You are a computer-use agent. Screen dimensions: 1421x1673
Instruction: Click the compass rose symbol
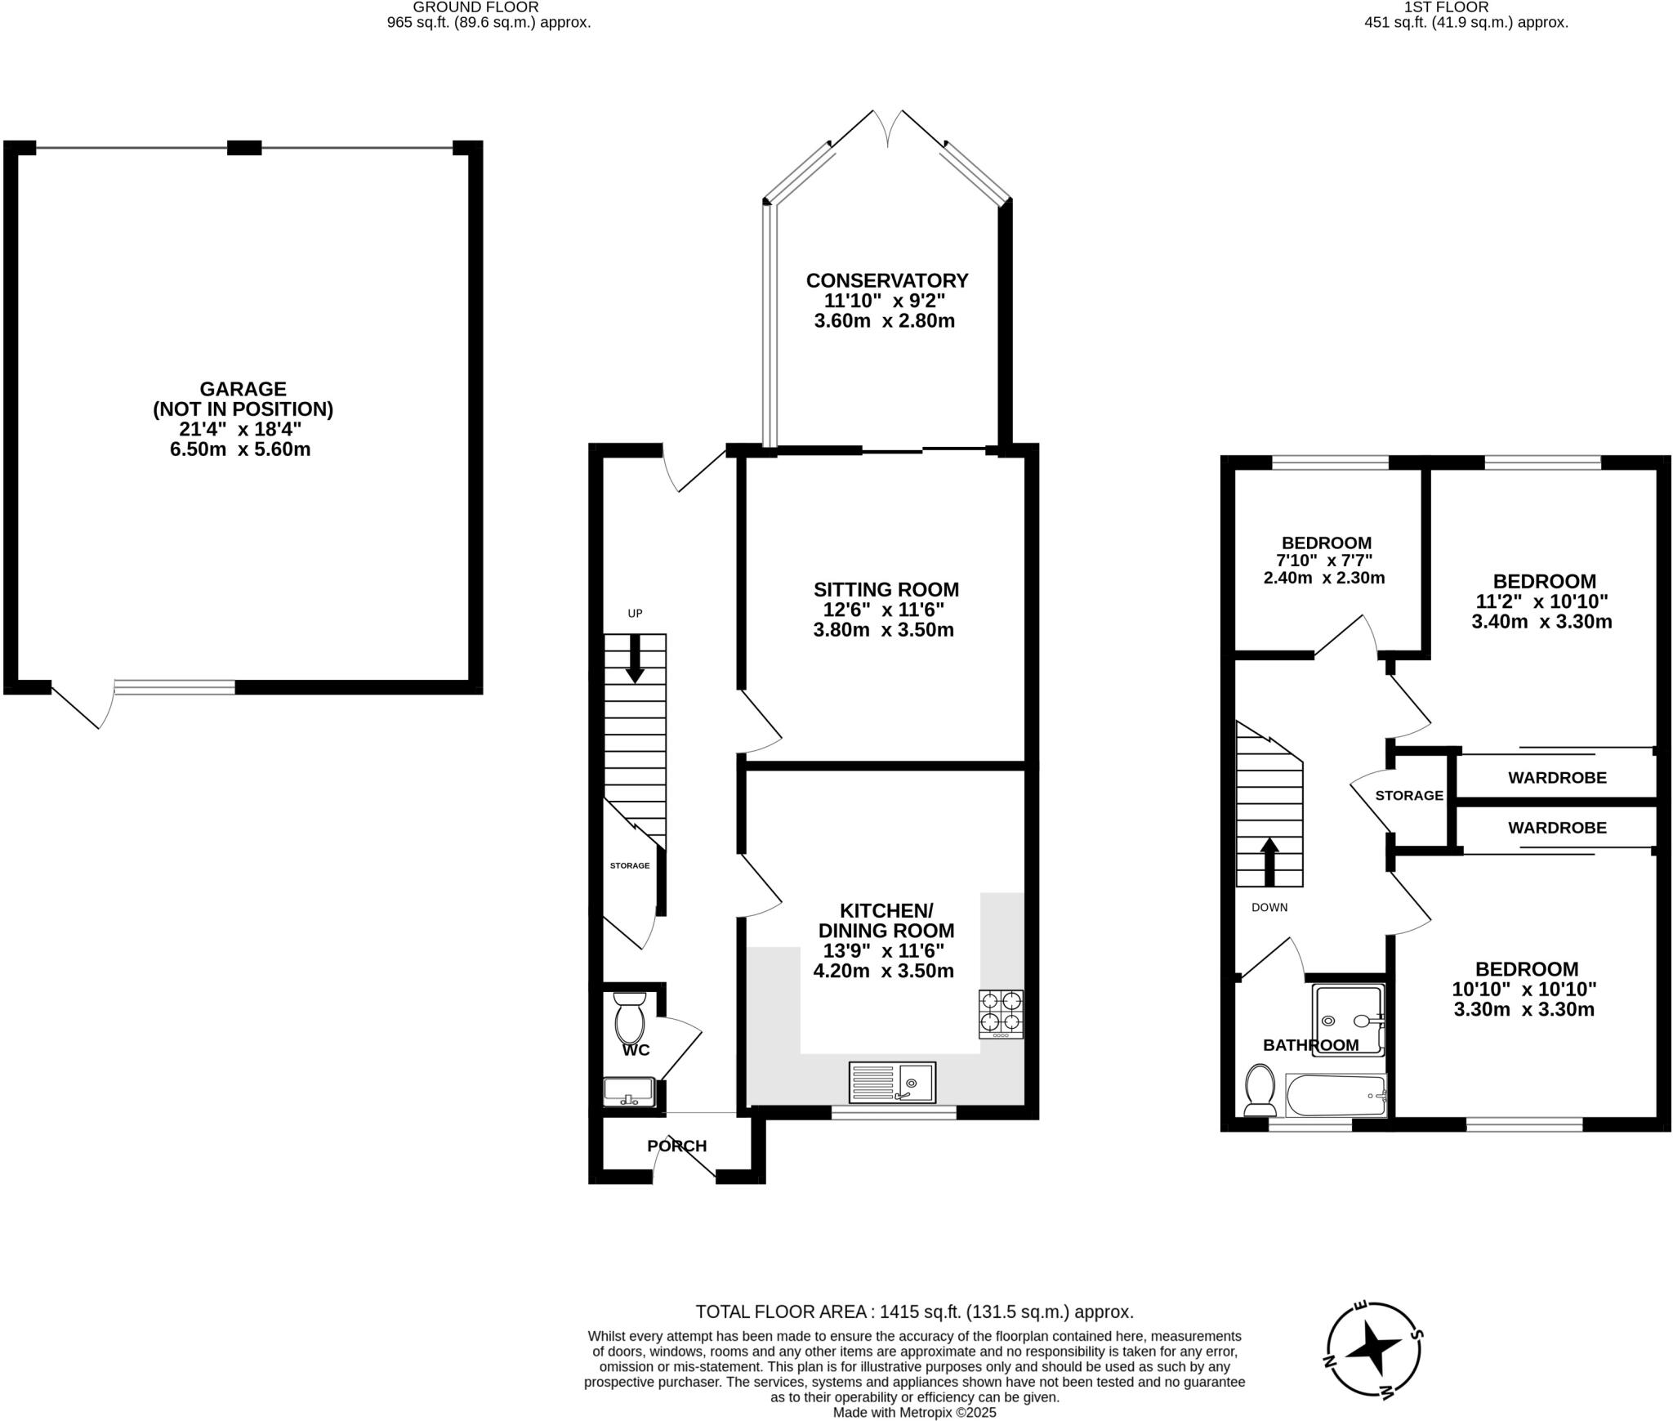1373,1361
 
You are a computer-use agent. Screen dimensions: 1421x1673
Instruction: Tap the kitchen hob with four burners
1001,1014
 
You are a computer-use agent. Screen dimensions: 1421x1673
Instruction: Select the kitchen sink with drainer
892,1083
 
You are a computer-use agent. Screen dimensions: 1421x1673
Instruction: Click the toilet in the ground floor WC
629,1017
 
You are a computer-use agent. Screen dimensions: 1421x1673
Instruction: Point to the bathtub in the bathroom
1336,1096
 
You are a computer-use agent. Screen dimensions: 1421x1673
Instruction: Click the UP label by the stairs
635,614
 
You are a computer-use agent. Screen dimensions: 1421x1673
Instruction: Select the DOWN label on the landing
1269,907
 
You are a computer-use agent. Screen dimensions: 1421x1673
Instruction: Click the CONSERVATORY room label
887,280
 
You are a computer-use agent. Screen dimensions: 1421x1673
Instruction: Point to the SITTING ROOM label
886,589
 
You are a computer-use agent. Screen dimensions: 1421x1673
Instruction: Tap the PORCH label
676,1146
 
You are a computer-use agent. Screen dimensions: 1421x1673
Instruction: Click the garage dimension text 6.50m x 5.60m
240,449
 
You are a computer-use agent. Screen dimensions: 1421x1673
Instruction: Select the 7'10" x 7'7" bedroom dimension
1324,561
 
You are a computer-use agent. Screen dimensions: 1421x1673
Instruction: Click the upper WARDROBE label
1557,778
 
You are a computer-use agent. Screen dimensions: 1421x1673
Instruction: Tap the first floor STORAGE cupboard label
1409,796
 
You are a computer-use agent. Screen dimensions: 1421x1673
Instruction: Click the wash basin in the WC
628,1091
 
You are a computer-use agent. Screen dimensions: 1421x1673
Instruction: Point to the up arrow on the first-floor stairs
1269,860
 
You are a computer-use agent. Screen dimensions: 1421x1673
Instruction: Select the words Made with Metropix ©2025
914,1411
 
